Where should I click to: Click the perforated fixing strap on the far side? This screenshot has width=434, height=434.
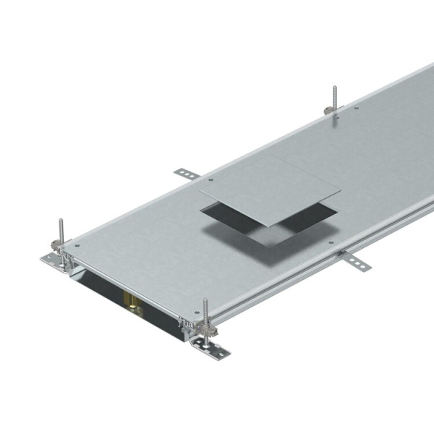185,173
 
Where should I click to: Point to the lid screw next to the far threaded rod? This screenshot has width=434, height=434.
357,109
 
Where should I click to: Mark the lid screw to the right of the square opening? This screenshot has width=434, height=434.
331,243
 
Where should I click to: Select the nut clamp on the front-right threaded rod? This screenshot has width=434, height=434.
203,335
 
